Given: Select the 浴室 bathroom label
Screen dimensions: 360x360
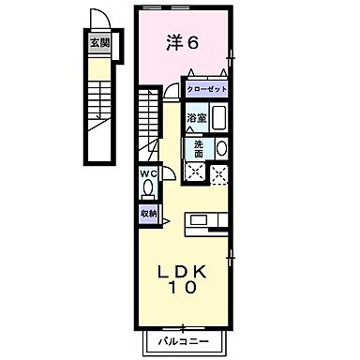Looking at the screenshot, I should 196,118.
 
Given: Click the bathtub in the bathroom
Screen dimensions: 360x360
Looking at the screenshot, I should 219,119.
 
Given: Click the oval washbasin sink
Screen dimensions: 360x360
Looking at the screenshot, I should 222,148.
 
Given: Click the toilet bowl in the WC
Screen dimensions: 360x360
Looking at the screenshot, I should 148,188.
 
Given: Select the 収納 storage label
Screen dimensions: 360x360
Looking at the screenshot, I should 148,214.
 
